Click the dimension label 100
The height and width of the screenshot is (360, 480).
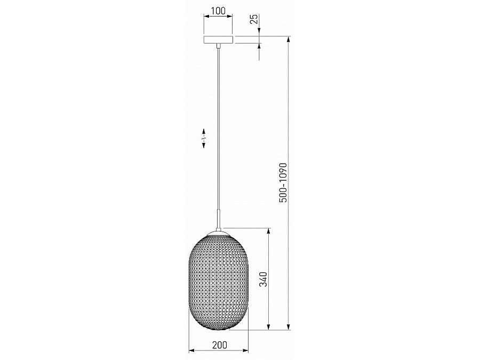pos(218,11)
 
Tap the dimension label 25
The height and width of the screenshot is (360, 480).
pos(254,19)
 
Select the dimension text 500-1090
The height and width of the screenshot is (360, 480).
pos(283,182)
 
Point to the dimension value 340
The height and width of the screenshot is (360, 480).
pos(263,279)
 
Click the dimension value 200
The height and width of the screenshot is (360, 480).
pos(220,345)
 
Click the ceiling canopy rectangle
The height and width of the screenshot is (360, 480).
pos(218,39)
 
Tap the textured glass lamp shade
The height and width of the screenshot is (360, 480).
pos(219,281)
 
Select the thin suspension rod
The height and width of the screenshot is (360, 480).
pos(218,129)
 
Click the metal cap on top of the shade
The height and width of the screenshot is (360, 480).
pos(218,233)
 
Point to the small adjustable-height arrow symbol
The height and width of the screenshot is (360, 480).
pos(204,138)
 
